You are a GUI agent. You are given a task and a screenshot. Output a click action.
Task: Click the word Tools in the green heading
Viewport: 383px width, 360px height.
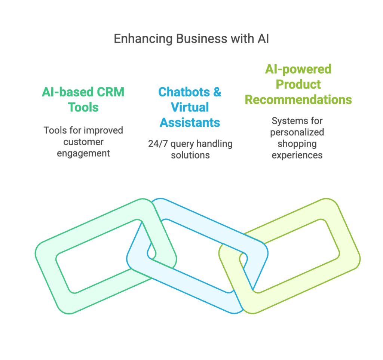coord(83,107)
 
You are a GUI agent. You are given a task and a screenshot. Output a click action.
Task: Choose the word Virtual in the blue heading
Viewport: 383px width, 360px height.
coord(190,107)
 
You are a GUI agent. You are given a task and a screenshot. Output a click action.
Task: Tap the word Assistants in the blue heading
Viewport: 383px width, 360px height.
coord(190,122)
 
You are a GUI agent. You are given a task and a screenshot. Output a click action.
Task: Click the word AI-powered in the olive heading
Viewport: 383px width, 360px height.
coord(298,69)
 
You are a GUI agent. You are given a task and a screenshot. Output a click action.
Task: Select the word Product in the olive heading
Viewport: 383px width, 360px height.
coord(298,84)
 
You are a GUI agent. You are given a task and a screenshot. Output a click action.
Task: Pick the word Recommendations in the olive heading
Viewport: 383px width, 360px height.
coord(298,100)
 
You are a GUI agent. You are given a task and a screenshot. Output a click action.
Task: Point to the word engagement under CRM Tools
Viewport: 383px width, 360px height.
coord(83,153)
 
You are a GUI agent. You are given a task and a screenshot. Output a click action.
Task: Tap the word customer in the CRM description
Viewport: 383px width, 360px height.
coord(83,142)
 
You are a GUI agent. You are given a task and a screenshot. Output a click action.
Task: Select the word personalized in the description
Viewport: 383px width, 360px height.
coord(297,132)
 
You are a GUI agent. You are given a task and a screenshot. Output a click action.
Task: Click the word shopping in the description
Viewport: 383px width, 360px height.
coord(297,144)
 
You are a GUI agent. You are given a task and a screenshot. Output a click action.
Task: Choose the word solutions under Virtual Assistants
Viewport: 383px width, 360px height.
coord(190,155)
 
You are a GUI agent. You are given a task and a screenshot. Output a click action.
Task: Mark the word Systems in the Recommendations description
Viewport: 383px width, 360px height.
coord(287,121)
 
